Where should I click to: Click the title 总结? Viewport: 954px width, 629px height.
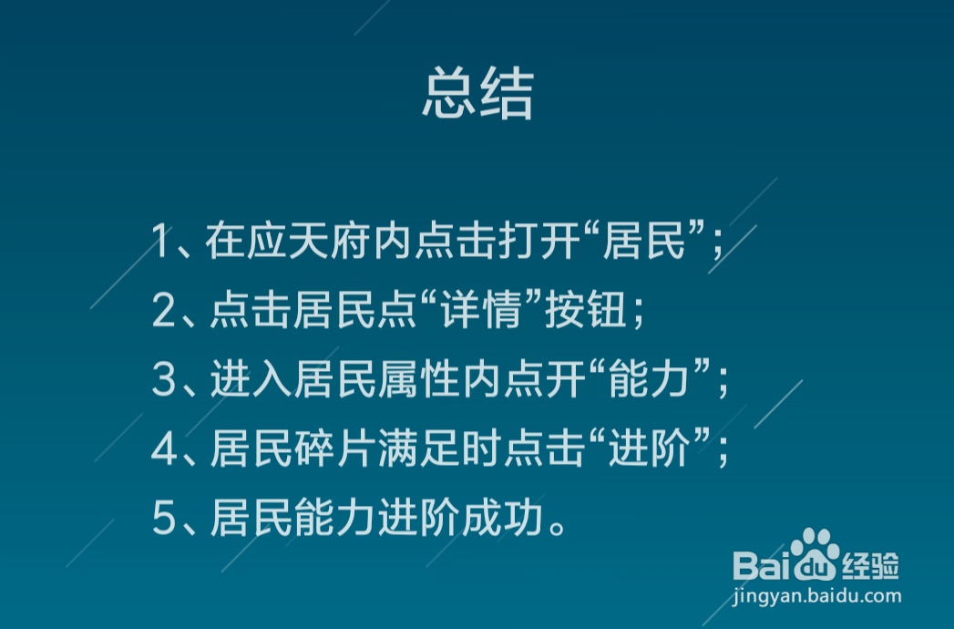click(x=477, y=94)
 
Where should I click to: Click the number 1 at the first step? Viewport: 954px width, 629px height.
click(x=162, y=242)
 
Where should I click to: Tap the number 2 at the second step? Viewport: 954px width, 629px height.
click(x=163, y=312)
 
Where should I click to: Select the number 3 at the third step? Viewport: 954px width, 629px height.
click(x=163, y=381)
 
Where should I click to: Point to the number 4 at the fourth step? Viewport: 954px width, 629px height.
click(x=164, y=450)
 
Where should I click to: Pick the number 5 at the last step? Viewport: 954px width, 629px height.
click(x=163, y=520)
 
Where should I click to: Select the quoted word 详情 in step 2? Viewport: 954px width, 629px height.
click(x=484, y=312)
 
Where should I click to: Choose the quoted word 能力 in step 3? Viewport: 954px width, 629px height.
click(x=651, y=381)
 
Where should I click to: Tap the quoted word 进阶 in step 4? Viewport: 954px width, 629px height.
click(x=651, y=450)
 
